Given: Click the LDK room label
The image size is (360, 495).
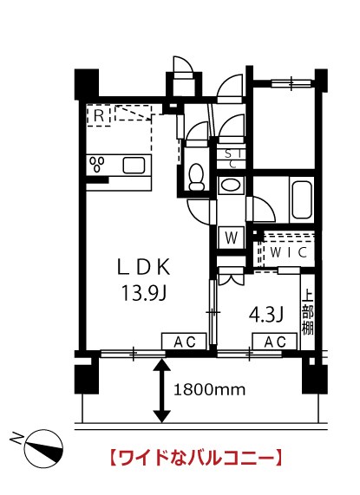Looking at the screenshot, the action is (x=144, y=267).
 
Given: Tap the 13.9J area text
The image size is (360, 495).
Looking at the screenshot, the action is (x=144, y=293).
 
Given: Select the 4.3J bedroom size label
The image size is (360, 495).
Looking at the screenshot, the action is (x=267, y=315).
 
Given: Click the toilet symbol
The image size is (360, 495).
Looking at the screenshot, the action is (x=196, y=177).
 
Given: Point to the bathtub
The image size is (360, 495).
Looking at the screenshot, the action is (x=302, y=200).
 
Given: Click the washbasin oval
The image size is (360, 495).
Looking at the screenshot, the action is (x=231, y=185).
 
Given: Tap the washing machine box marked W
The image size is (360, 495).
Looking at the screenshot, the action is (x=231, y=238).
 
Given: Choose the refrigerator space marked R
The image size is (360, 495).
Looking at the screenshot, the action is (x=99, y=116).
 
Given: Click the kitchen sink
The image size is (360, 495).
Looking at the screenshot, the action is (x=134, y=165).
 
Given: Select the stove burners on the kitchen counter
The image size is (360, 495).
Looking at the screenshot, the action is (x=97, y=164).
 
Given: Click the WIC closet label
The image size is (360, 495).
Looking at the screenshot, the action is (x=288, y=252).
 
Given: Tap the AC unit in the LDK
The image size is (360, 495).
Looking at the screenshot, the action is (x=184, y=342).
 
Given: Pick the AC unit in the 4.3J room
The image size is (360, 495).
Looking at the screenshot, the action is (x=274, y=342).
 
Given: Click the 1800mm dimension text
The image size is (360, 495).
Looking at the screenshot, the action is (x=209, y=390).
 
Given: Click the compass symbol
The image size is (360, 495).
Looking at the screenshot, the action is (x=44, y=448).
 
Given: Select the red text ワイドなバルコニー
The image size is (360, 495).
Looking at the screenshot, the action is (x=195, y=458).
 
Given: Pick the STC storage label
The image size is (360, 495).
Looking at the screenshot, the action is (x=234, y=159).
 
